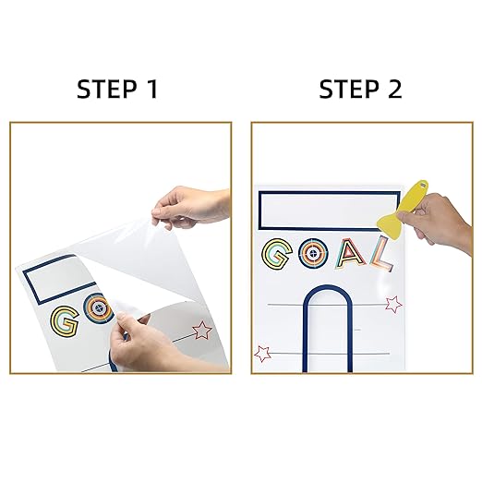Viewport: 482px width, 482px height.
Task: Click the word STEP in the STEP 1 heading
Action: pyautogui.click(x=106, y=89)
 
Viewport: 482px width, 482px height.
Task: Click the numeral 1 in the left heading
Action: pyautogui.click(x=151, y=89)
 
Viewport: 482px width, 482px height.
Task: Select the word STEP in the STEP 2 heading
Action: pyautogui.click(x=349, y=89)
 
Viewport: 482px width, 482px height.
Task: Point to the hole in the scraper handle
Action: pyautogui.click(x=423, y=186)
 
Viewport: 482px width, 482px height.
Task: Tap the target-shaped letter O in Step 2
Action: pyautogui.click(x=313, y=254)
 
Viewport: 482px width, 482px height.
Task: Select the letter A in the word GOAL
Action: pyautogui.click(x=350, y=254)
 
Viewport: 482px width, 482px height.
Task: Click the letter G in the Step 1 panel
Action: pyautogui.click(x=65, y=321)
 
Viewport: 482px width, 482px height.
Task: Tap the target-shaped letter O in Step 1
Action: pyautogui.click(x=98, y=308)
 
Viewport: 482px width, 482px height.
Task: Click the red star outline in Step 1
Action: pyautogui.click(x=202, y=331)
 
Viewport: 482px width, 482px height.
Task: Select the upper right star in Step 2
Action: pyautogui.click(x=393, y=304)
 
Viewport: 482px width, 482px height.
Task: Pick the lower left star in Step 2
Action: pyautogui.click(x=262, y=354)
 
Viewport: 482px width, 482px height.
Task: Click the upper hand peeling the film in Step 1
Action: pyautogui.click(x=191, y=206)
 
